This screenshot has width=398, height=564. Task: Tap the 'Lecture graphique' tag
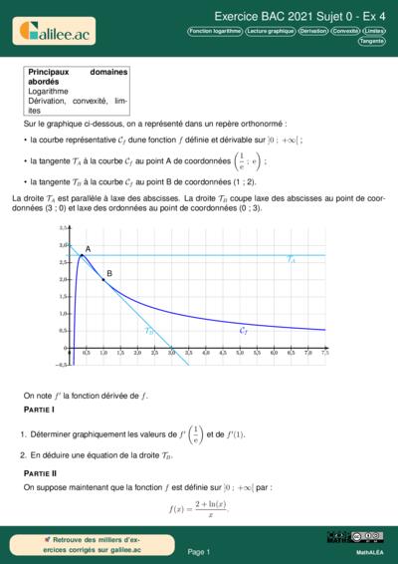point(271,31)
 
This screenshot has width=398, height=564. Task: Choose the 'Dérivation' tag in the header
point(312,31)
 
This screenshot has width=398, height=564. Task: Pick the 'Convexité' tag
point(345,31)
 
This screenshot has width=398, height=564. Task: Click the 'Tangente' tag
point(372,41)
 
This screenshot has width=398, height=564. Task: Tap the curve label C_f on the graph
point(244,328)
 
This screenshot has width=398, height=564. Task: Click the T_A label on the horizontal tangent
point(291,259)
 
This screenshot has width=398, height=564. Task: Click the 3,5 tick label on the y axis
point(63,227)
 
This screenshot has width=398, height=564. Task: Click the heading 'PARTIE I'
point(39,411)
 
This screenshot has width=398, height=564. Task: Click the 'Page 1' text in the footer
point(198,551)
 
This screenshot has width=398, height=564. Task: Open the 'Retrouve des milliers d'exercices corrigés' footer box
point(79,545)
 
